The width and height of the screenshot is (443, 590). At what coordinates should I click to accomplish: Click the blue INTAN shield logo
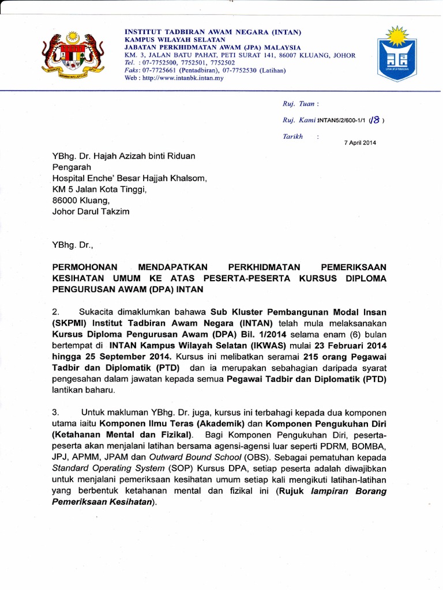click(x=396, y=54)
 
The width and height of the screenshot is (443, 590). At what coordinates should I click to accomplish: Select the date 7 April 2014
click(x=359, y=143)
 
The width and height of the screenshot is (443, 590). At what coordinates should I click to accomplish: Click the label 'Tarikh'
click(x=293, y=137)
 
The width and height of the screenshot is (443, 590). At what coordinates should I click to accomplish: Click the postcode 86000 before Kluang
click(x=65, y=200)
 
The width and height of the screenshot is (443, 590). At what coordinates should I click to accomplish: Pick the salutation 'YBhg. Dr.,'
click(x=73, y=244)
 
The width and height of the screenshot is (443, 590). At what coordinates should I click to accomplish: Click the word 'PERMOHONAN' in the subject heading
click(x=85, y=267)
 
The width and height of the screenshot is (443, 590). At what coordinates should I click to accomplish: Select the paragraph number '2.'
click(x=57, y=312)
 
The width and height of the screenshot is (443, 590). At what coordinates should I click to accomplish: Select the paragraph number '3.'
click(x=57, y=413)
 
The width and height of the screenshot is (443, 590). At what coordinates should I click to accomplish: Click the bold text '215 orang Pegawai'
click(x=341, y=357)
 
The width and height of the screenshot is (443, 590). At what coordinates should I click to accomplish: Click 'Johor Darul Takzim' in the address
click(x=91, y=211)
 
